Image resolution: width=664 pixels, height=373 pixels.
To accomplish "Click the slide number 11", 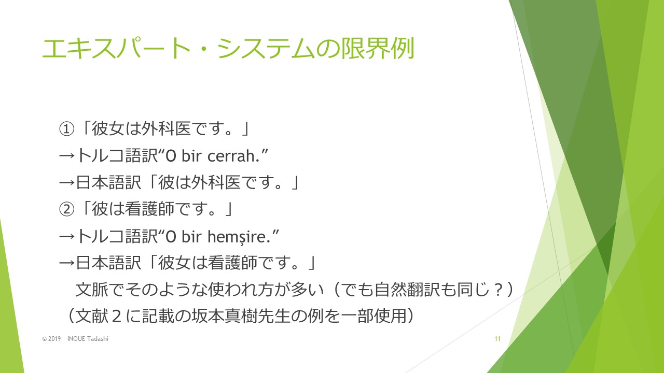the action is pyautogui.click(x=497, y=339).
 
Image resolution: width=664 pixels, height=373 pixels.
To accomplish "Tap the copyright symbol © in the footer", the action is pyautogui.click(x=45, y=339).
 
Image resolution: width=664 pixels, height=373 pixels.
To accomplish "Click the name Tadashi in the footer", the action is pyautogui.click(x=98, y=339).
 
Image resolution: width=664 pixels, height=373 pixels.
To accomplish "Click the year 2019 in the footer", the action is pyautogui.click(x=54, y=339).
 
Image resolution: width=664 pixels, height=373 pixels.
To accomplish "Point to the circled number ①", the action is pyautogui.click(x=66, y=129).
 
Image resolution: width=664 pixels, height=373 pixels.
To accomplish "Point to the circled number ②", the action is pyautogui.click(x=66, y=210).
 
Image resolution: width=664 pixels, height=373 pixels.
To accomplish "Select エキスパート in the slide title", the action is pyautogui.click(x=116, y=48).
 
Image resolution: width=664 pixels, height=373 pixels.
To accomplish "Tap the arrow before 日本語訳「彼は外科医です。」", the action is pyautogui.click(x=67, y=183).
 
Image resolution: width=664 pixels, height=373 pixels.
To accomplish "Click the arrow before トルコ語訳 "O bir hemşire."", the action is pyautogui.click(x=67, y=237).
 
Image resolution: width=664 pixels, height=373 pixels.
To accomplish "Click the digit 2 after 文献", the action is pyautogui.click(x=117, y=316).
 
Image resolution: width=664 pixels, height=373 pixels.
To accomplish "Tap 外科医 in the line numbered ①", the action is pyautogui.click(x=166, y=129).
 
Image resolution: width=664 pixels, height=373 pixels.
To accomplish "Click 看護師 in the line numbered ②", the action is pyautogui.click(x=149, y=209).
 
